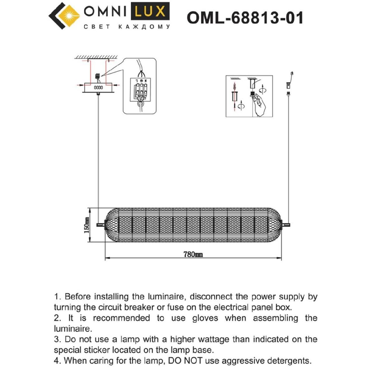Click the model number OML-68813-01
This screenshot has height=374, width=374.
pos(245,18)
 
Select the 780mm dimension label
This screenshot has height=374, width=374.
pos(193,254)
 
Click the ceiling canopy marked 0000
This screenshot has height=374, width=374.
pos(98,88)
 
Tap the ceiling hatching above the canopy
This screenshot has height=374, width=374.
pos(97,57)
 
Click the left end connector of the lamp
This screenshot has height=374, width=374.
pos(101,224)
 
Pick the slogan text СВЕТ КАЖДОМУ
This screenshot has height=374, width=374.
pos(127,27)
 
